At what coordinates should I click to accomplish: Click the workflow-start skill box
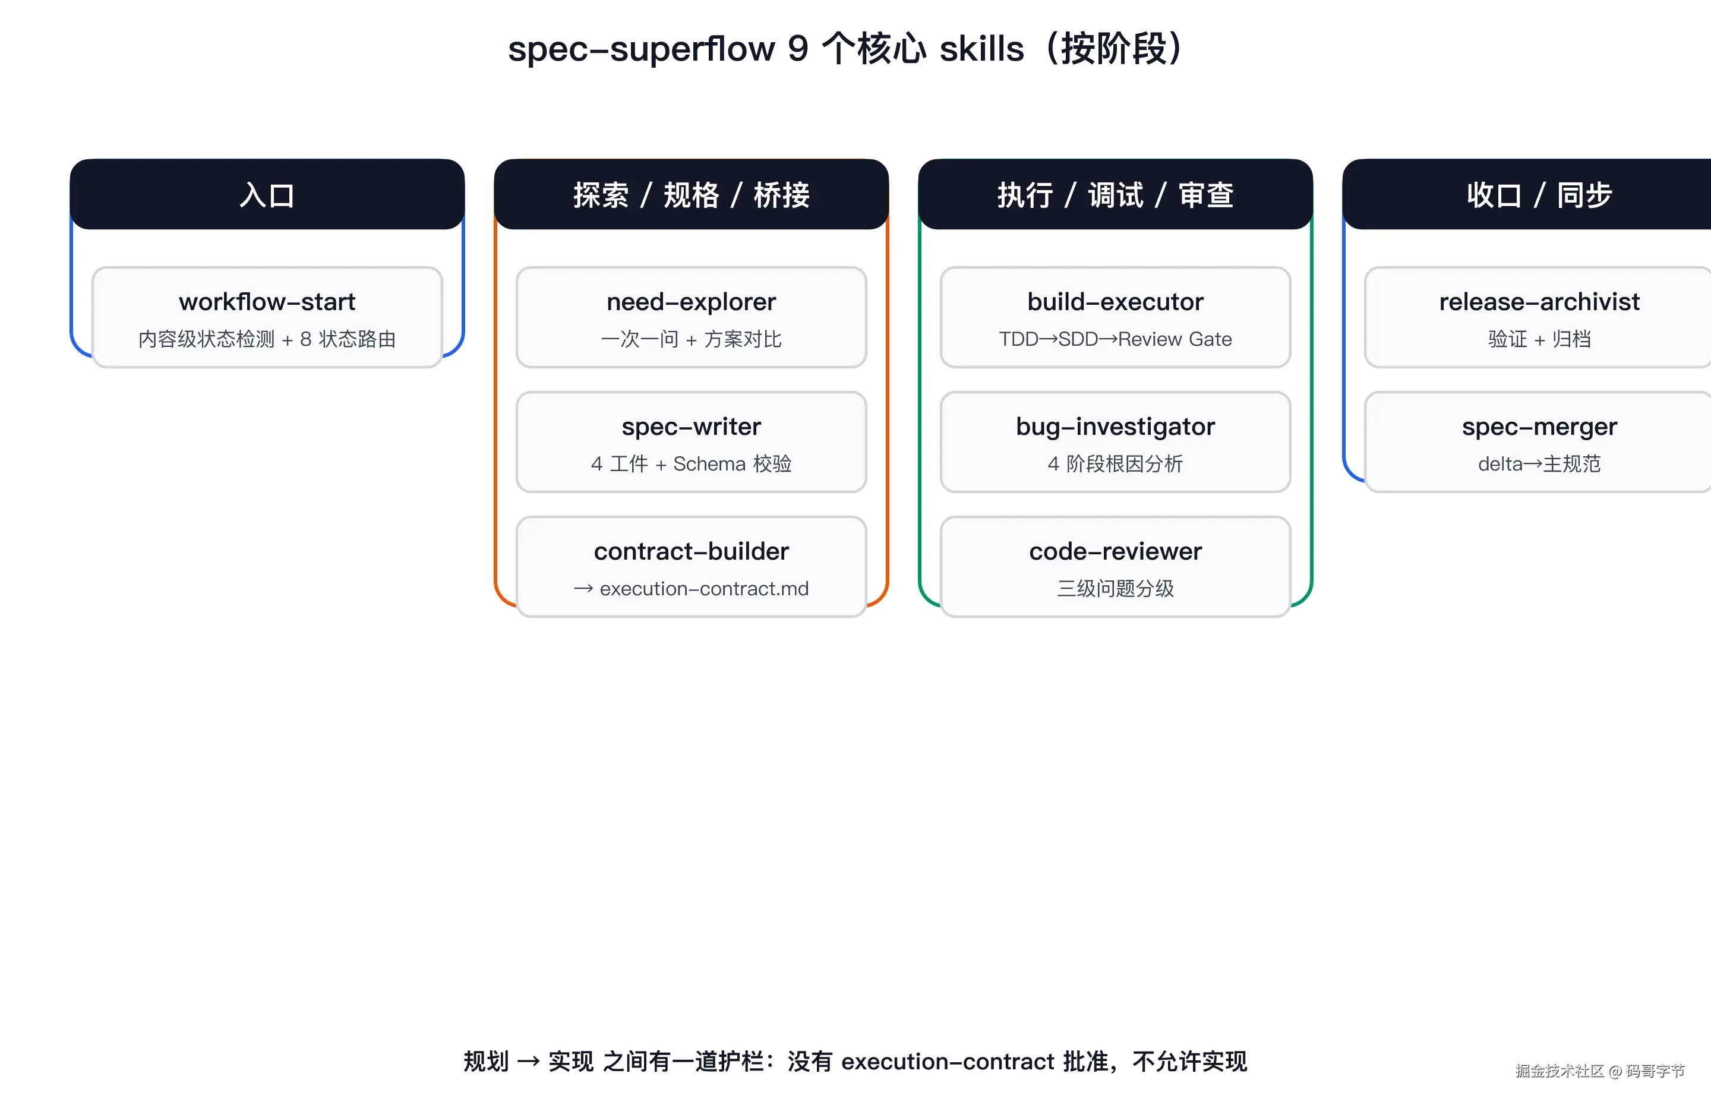(267, 317)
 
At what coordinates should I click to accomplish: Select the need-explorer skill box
(691, 317)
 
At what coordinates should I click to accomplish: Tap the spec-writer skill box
(691, 442)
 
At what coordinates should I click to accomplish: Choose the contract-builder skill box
(691, 567)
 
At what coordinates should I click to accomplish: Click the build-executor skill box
(1115, 317)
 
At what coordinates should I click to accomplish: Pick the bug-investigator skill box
(1115, 442)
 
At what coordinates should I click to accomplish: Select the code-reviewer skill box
(1115, 567)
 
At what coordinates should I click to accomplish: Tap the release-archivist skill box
(1538, 317)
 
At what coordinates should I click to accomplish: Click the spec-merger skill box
(1538, 442)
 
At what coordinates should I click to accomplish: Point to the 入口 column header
(267, 194)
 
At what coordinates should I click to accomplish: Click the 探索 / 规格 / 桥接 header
(691, 194)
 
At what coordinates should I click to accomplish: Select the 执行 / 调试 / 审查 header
(1115, 194)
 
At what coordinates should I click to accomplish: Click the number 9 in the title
(798, 49)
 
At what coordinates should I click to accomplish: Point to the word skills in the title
(981, 49)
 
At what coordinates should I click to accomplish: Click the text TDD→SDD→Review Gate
(1115, 339)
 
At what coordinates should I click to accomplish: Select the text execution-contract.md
(704, 588)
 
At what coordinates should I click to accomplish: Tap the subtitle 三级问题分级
(1115, 588)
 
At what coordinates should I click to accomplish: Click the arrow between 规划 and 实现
(528, 1061)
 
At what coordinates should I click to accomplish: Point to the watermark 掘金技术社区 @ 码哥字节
(1599, 1071)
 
